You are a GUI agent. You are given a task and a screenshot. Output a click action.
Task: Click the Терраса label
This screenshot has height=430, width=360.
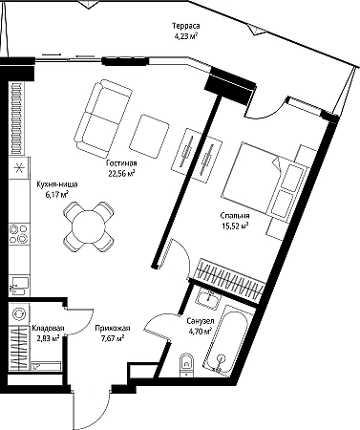186,26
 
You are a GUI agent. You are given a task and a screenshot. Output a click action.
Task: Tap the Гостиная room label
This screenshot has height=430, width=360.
121,163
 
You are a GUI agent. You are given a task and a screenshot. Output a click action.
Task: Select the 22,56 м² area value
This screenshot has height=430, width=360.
121,173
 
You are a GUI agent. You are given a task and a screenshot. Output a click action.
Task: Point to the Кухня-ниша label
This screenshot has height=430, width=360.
57,184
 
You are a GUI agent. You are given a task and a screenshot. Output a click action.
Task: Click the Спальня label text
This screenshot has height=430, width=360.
235,216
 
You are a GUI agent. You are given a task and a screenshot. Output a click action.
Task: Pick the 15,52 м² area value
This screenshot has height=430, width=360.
235,226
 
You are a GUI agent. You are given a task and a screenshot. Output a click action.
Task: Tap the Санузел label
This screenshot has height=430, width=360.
201,321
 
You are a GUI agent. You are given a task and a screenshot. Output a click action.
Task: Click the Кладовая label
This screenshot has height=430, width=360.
48,328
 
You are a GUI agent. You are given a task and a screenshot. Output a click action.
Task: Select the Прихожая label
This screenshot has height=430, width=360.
113,328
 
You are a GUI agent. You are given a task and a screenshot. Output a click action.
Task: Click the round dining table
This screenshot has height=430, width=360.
89,226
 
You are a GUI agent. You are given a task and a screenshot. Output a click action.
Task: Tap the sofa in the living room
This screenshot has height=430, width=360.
102,119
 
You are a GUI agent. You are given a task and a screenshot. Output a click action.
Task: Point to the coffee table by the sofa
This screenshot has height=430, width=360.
149,137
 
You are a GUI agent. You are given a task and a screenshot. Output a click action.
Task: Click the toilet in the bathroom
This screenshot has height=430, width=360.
186,365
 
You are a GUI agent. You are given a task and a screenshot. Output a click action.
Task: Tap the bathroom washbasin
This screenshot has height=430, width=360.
207,298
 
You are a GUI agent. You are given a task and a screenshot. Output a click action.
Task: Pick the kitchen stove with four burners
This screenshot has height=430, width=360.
19,234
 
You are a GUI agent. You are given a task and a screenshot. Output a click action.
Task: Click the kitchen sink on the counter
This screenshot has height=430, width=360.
20,285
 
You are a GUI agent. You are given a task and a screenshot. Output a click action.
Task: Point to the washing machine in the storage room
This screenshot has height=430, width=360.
18,314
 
